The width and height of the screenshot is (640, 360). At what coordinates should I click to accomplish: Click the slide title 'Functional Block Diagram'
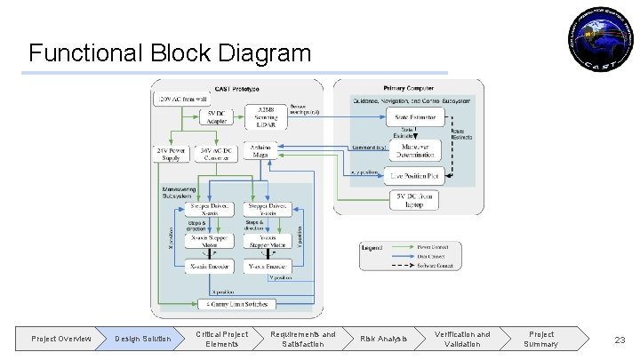tap(170, 52)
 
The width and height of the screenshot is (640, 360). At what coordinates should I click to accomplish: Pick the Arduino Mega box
tap(261, 153)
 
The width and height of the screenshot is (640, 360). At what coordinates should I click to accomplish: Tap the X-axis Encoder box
tap(211, 265)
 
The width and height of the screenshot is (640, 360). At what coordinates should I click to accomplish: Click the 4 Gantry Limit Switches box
tap(237, 304)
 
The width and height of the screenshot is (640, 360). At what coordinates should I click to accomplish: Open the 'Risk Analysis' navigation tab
tap(383, 339)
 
